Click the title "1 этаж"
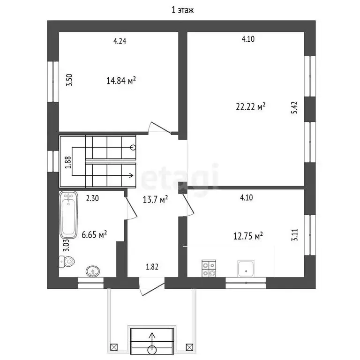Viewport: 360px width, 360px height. coord(182,10)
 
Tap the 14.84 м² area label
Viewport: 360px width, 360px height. coord(121,81)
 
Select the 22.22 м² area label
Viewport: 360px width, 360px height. coord(251,107)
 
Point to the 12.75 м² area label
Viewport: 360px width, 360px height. coord(248,236)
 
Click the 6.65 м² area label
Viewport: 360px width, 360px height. coord(94,235)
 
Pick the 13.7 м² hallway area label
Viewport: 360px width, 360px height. coord(155,200)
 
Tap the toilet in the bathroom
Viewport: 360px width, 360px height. coord(67,262)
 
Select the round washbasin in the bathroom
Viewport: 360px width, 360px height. coord(93,271)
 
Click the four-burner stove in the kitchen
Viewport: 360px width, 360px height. coord(209,268)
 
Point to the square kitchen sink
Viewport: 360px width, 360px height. coord(246,269)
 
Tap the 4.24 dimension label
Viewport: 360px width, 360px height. coord(120,41)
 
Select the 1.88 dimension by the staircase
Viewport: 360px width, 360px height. coord(68,162)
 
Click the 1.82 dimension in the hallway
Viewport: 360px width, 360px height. coord(152,267)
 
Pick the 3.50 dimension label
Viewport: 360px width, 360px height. coord(69,80)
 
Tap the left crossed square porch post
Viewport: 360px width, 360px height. coord(114,347)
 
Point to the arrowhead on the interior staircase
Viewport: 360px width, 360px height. coord(132,176)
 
